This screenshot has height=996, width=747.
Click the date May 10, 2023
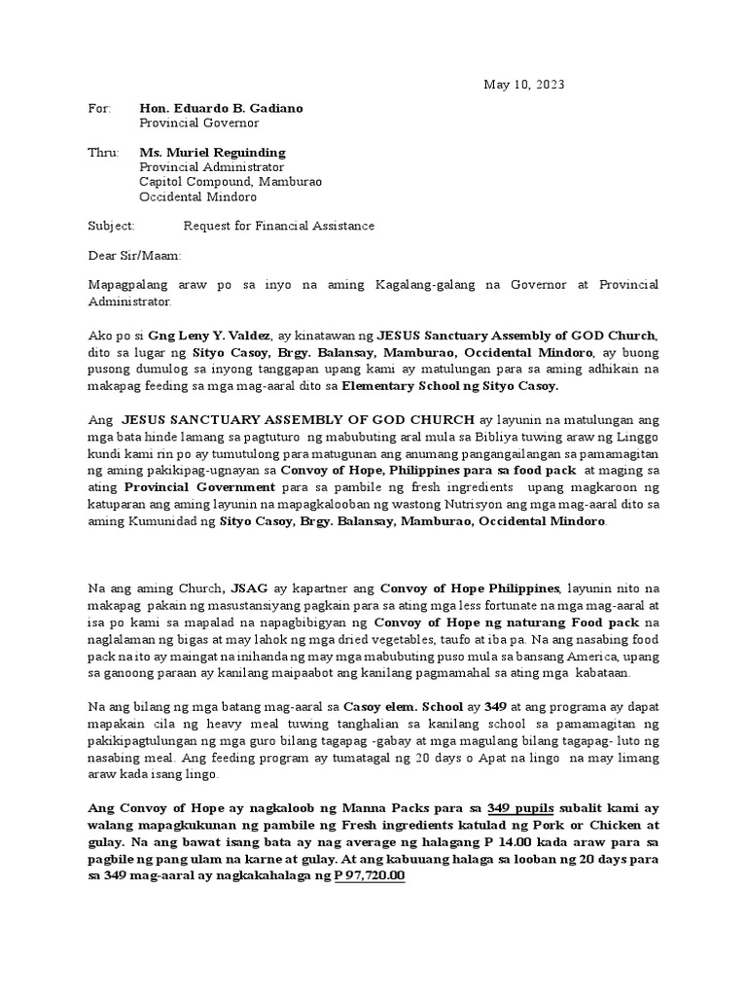point(523,85)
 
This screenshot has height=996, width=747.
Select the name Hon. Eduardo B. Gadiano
point(221,108)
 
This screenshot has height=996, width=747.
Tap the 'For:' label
point(100,108)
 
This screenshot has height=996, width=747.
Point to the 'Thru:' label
point(103,153)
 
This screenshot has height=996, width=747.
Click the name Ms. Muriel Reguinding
point(213,153)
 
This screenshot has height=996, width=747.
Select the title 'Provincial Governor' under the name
point(198,123)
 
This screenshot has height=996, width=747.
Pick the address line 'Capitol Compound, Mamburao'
point(231,182)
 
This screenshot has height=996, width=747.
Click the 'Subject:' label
point(112,226)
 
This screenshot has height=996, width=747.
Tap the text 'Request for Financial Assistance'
point(279,226)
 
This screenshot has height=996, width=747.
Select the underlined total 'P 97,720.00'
point(370,875)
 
